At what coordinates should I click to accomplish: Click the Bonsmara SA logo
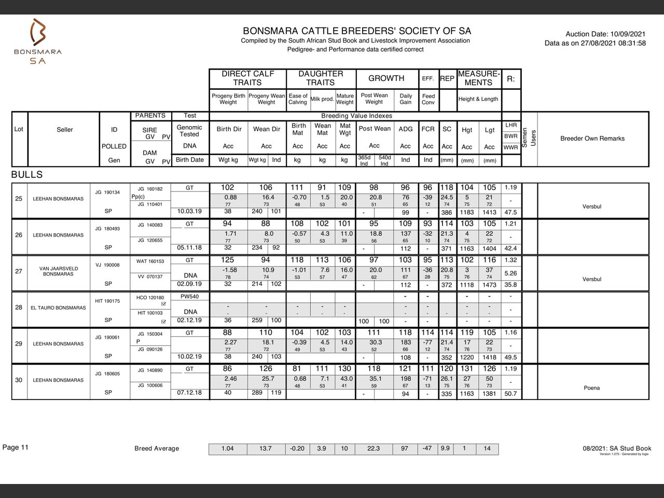coord(38,41)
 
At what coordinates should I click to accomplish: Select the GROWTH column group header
coord(386,78)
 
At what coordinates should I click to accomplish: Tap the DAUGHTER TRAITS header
coord(321,78)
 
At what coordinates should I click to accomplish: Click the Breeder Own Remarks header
coord(592,139)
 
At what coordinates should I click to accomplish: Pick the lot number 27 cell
coord(19,271)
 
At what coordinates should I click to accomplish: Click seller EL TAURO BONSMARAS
coord(58,308)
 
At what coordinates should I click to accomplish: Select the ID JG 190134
coord(107,192)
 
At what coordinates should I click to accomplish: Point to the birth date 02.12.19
coord(189,320)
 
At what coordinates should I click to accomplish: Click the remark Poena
coord(592,388)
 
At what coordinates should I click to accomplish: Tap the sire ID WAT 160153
coord(150,261)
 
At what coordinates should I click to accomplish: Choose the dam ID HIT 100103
coord(150,313)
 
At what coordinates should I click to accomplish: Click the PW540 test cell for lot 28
coord(189,297)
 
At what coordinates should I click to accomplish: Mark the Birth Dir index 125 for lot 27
coord(228,260)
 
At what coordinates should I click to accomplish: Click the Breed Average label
coord(157,449)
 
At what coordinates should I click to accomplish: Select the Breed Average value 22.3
coord(374,449)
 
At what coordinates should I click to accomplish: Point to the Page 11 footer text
coord(16,448)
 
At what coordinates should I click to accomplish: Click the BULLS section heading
coord(27,175)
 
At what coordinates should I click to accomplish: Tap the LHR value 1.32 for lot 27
coord(510,260)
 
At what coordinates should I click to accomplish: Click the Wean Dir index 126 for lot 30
coord(266,369)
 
